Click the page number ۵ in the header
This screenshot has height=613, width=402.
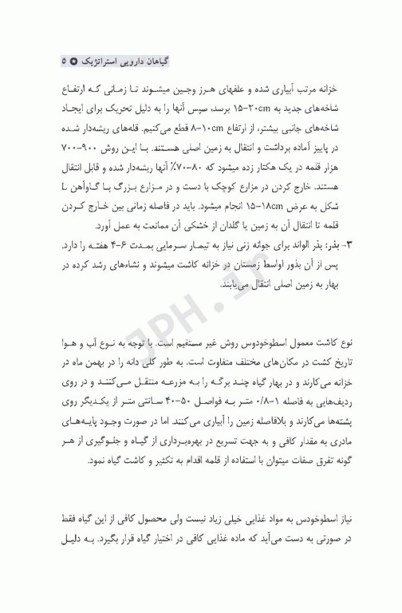(63, 61)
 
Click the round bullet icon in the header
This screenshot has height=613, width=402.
(74, 61)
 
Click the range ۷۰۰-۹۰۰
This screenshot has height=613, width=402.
(79, 149)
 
